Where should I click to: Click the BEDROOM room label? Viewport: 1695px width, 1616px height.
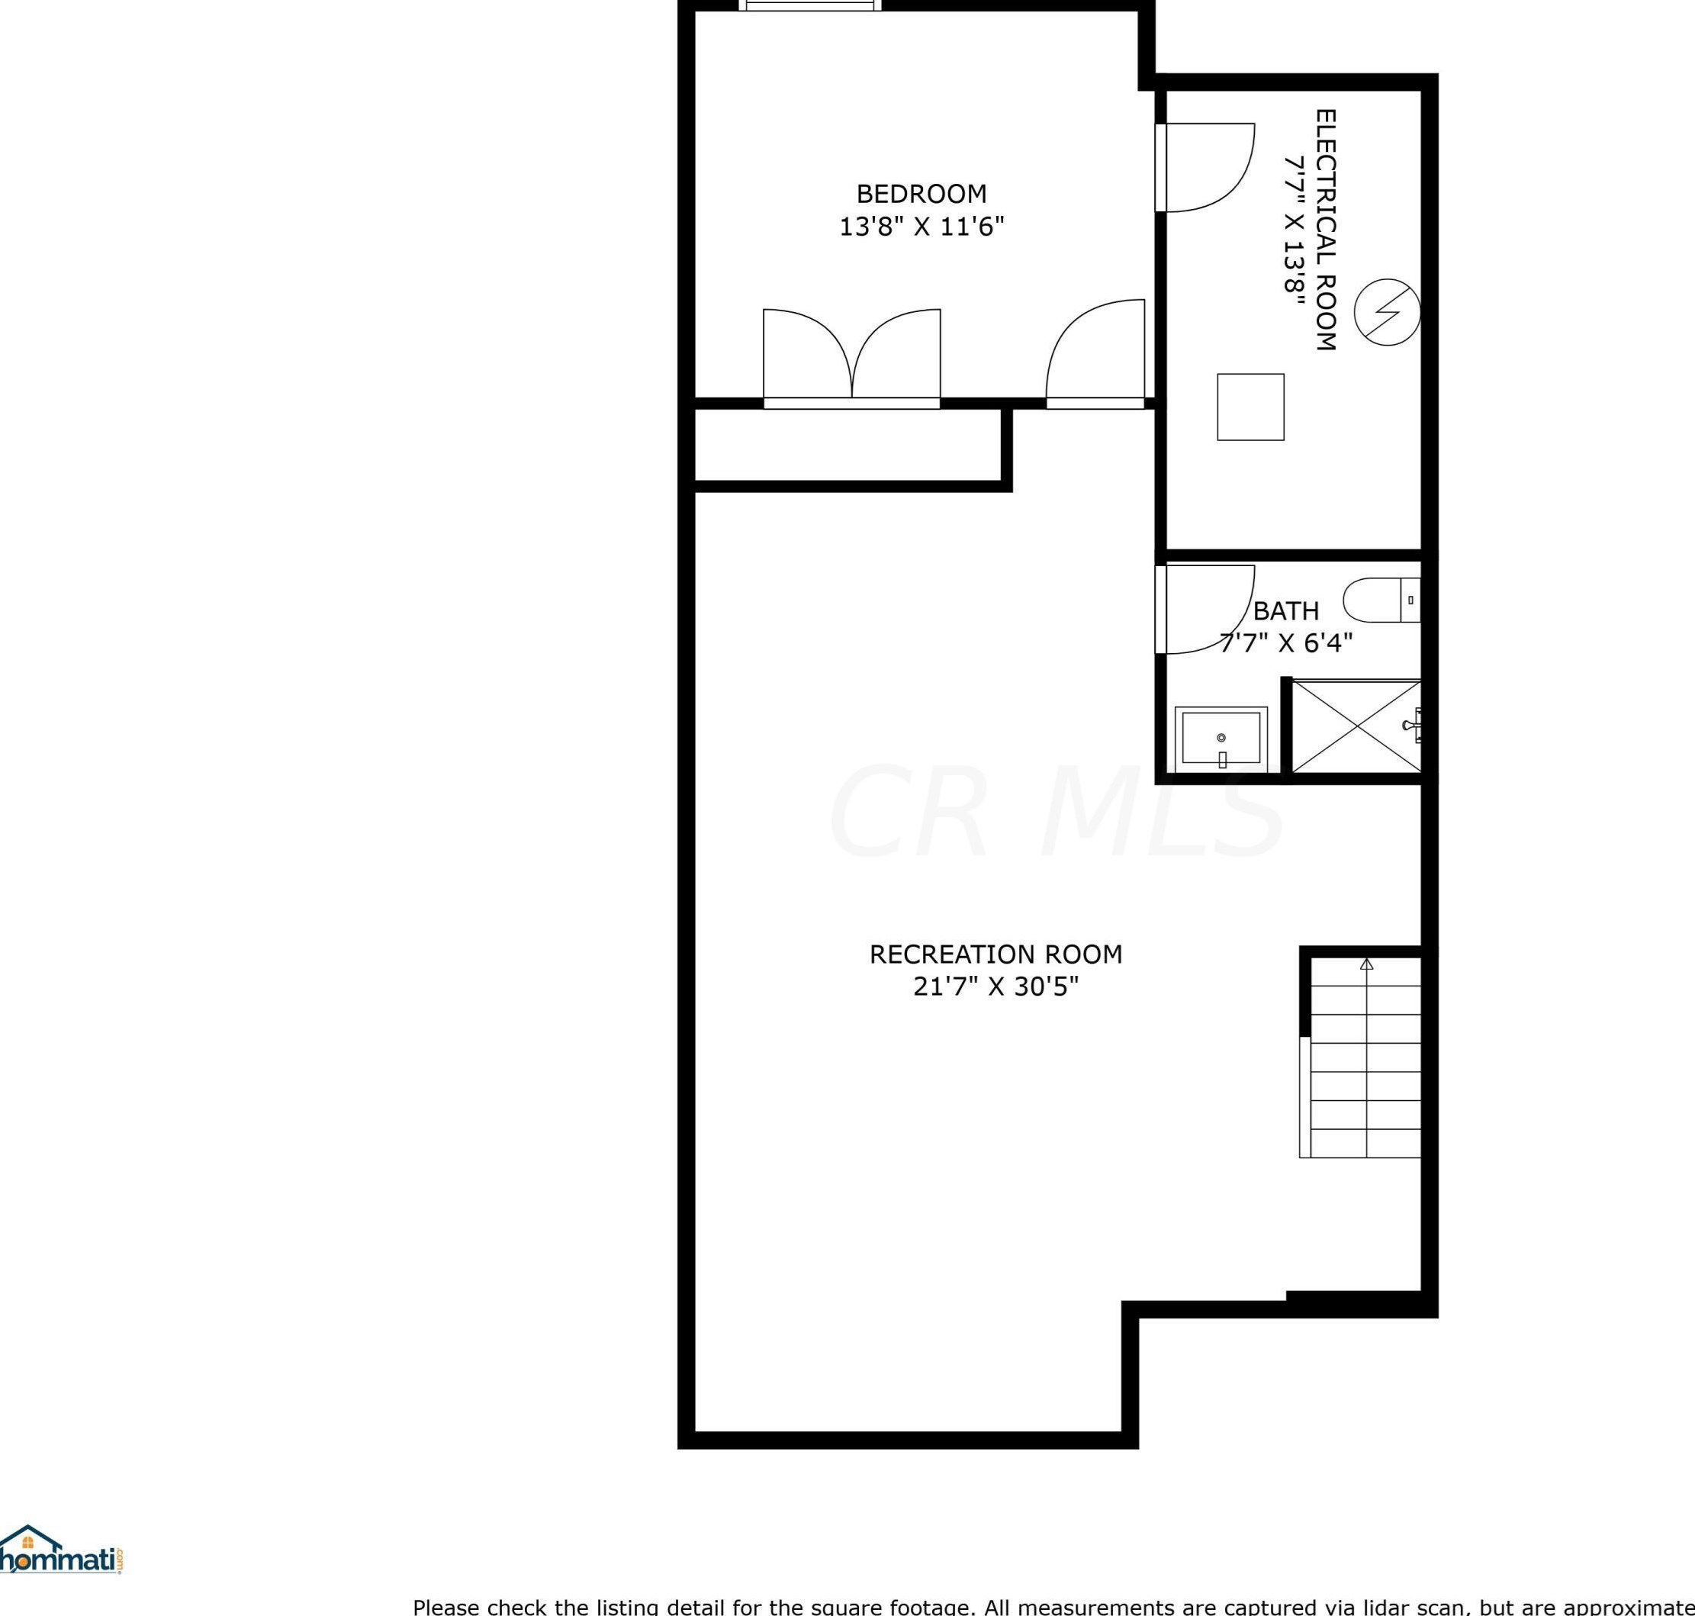coord(921,194)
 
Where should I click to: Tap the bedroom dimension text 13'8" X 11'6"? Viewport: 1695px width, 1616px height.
coord(921,227)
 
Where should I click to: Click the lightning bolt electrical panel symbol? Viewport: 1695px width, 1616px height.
coord(1387,312)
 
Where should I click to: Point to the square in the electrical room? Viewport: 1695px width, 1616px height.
coord(1250,407)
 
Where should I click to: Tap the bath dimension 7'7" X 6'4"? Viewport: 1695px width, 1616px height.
coord(1286,643)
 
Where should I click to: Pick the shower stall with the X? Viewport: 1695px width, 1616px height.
coord(1356,726)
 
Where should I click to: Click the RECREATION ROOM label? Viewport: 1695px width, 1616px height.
coord(995,954)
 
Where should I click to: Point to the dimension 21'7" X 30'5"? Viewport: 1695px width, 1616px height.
coord(995,987)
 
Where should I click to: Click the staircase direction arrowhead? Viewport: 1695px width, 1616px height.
coord(1367,964)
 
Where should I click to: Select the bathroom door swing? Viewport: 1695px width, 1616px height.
coord(1206,609)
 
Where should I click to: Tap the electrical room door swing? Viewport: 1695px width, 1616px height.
coord(1206,167)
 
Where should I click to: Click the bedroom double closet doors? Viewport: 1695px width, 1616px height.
coord(851,355)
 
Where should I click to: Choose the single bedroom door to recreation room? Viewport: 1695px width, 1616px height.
coord(1095,353)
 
